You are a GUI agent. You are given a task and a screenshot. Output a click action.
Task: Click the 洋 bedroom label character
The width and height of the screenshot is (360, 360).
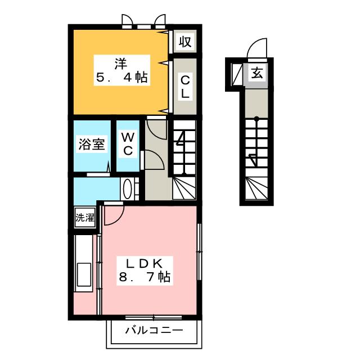point(121,61)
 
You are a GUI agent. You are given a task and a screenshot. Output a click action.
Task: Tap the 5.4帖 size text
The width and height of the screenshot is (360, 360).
point(121,78)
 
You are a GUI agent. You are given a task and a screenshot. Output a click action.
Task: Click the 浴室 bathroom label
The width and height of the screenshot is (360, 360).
point(91,145)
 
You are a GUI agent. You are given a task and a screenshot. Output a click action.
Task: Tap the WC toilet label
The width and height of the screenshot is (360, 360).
point(128,143)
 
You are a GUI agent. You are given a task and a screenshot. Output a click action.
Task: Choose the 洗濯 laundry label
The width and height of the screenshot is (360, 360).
point(85,217)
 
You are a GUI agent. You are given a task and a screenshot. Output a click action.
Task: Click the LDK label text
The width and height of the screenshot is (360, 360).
point(144,263)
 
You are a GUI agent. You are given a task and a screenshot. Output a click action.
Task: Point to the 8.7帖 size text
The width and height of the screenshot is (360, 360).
point(144,277)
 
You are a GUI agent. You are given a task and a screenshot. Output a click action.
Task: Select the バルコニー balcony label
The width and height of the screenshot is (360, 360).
point(154,330)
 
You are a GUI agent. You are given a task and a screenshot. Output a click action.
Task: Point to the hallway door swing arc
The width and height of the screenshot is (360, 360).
point(154,161)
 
